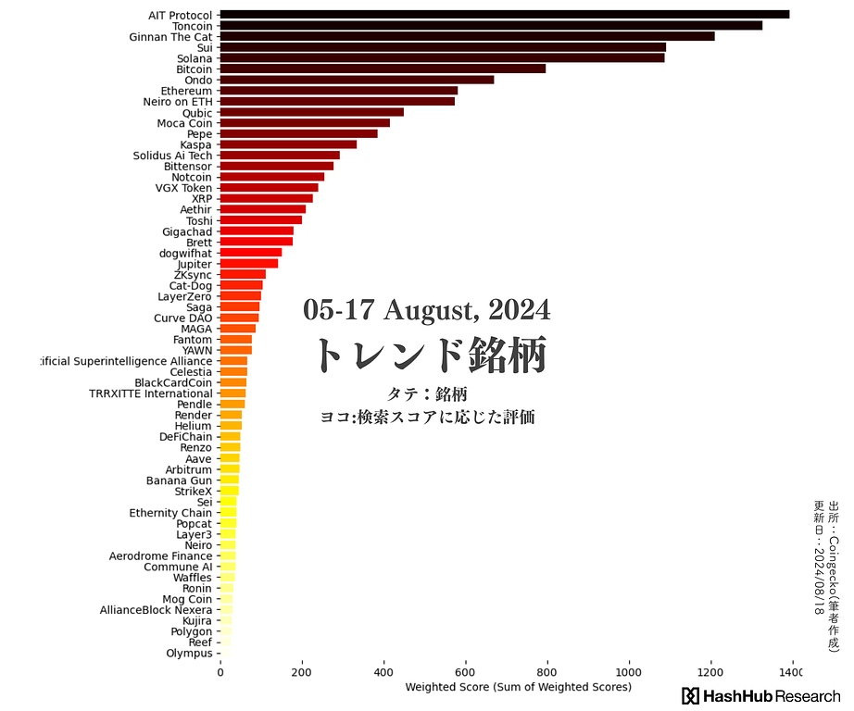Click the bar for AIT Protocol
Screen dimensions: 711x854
pos(505,15)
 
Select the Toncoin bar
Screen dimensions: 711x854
pos(491,26)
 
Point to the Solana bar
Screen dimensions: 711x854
pos(442,58)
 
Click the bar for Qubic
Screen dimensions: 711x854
pos(312,112)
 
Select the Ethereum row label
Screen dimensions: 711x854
pos(186,91)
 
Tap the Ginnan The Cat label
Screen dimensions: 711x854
pos(170,37)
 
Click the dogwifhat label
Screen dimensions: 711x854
pos(185,253)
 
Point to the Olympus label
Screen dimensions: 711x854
pos(189,654)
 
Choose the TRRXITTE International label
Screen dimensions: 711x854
pos(151,393)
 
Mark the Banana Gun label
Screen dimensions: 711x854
pos(179,480)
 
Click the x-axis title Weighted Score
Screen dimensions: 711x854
pos(518,688)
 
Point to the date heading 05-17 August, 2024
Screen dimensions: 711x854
pos(426,310)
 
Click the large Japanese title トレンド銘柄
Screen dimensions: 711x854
pos(429,355)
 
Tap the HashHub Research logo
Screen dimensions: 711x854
pos(760,696)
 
